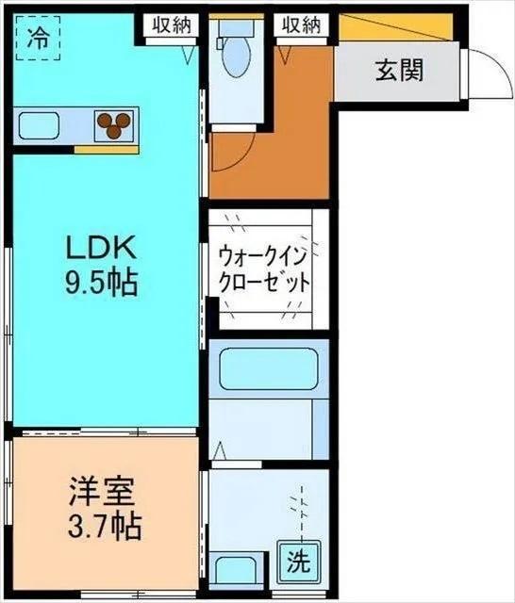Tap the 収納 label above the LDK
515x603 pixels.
point(172,25)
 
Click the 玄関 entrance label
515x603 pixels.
point(399,70)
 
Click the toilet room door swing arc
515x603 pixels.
point(236,146)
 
